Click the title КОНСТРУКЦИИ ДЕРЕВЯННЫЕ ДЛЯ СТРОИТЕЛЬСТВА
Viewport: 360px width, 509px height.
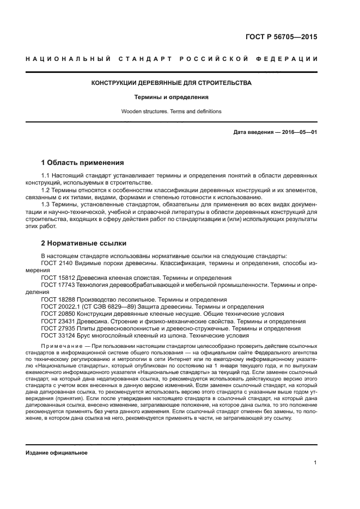[172, 83]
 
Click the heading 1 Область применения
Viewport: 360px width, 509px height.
[83, 162]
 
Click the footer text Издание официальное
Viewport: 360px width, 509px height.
[57, 452]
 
